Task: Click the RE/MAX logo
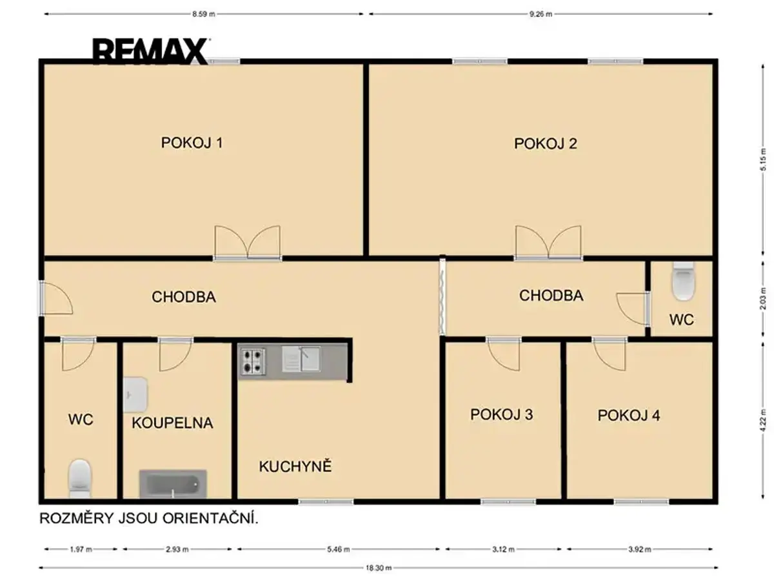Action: (x=150, y=52)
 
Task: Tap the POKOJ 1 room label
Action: (x=192, y=143)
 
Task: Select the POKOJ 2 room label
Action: (x=546, y=143)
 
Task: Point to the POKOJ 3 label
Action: (x=501, y=414)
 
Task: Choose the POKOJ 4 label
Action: (x=629, y=415)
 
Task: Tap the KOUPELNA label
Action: (x=172, y=423)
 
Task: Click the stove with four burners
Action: (x=252, y=362)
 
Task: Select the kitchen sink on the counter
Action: (x=301, y=359)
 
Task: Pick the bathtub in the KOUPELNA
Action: (x=173, y=484)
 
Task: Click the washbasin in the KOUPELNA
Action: (x=135, y=394)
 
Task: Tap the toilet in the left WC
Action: (x=80, y=478)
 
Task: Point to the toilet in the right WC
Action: (x=683, y=281)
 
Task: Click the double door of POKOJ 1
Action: (x=248, y=243)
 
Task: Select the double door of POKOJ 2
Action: (x=548, y=243)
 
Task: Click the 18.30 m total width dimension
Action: (x=379, y=568)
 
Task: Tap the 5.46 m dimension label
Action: (x=338, y=549)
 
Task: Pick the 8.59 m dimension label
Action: (x=203, y=14)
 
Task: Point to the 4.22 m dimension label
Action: (x=763, y=420)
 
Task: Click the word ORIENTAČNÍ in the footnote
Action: (x=210, y=518)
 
